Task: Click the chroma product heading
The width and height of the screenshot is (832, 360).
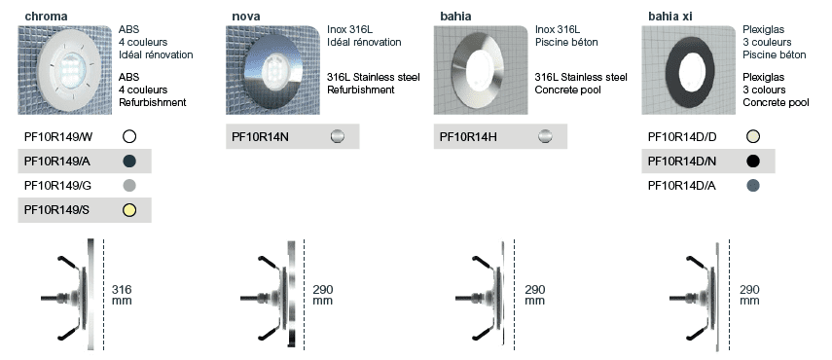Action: point(46,17)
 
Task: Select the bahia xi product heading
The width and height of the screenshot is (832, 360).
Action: point(669,17)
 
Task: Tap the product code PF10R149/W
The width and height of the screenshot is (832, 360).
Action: point(58,137)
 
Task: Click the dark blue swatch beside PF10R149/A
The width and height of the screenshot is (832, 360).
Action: point(129,162)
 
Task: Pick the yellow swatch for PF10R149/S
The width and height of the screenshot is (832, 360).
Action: point(129,210)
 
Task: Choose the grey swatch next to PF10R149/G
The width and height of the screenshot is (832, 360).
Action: point(129,186)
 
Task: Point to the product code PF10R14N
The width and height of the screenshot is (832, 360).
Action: point(260,137)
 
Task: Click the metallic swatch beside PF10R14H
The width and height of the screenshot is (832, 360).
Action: point(545,137)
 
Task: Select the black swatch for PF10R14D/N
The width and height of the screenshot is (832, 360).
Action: point(752,162)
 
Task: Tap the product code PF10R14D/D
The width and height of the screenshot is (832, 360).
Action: point(682,137)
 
